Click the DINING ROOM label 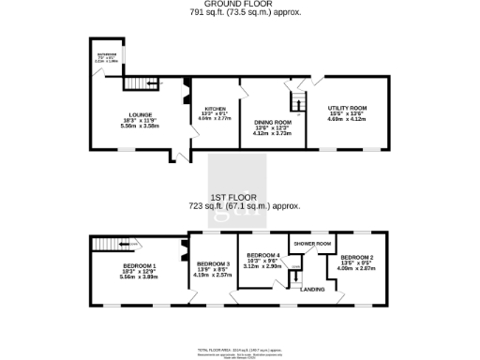tap(273, 123)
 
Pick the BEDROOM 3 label tap(212, 264)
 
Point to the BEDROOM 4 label tap(262, 255)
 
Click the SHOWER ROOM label tap(312, 244)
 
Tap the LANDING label tap(312, 289)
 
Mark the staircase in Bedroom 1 tap(109, 245)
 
